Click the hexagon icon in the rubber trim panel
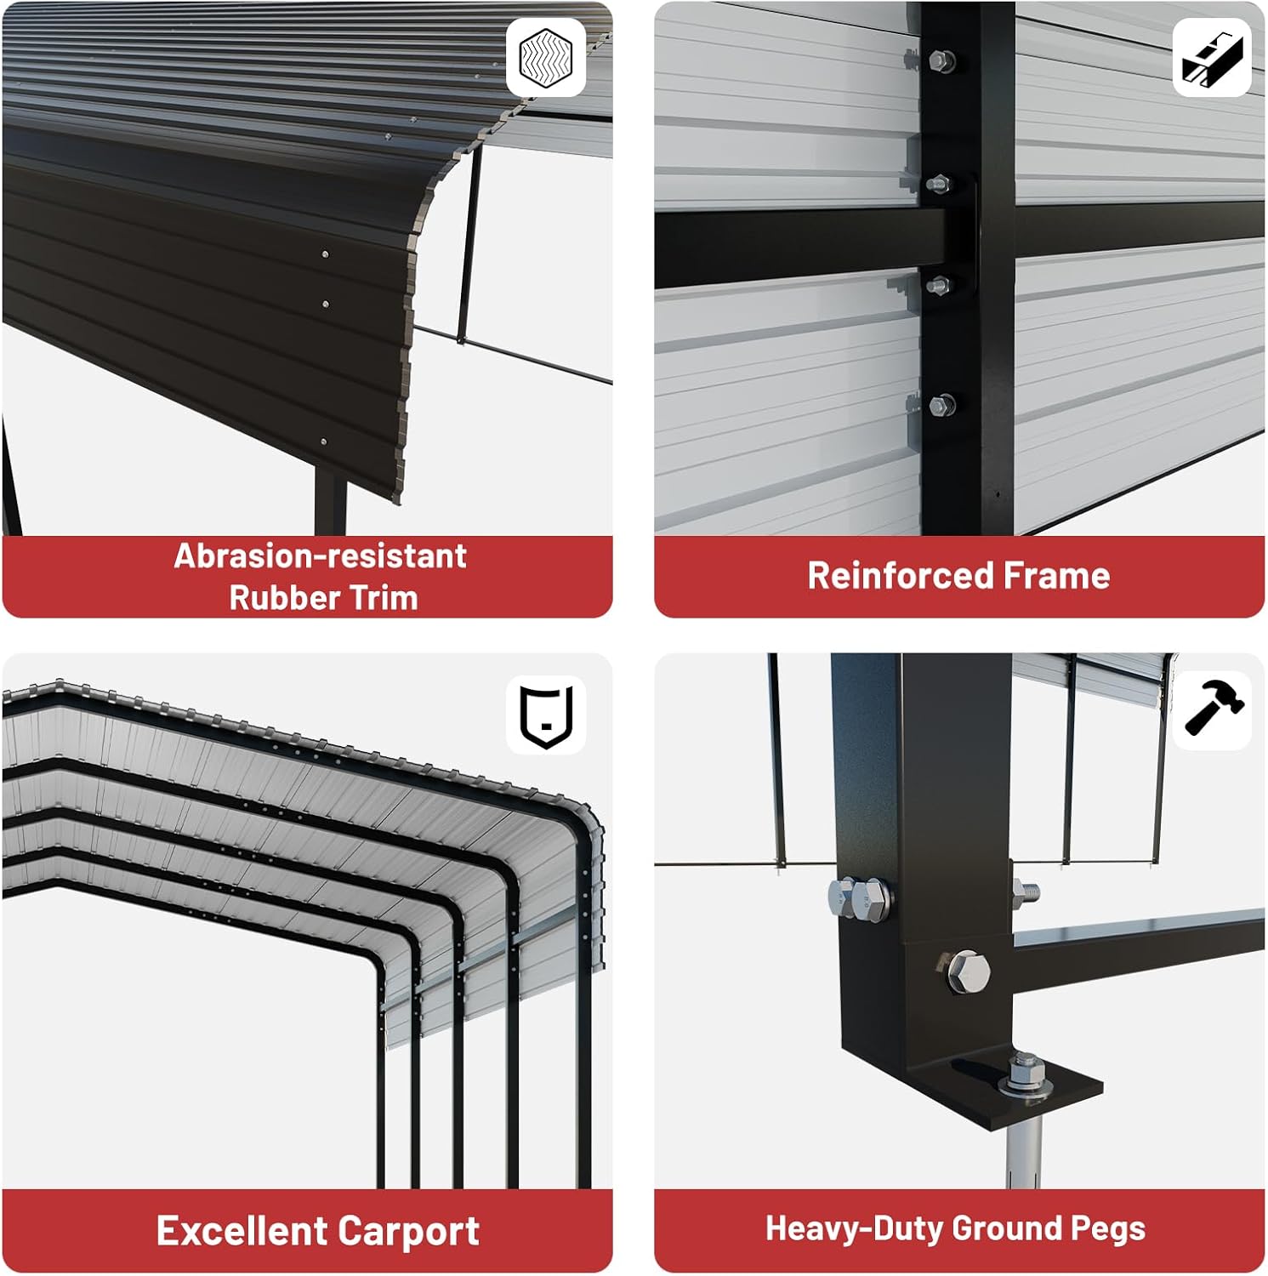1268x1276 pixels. pyautogui.click(x=546, y=57)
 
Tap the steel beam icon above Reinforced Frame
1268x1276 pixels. pyautogui.click(x=1212, y=58)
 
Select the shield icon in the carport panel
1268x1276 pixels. pyautogui.click(x=546, y=715)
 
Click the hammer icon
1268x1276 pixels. pyautogui.click(x=1214, y=705)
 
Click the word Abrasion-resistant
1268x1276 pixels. pyautogui.click(x=321, y=556)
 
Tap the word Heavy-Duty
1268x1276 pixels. pyautogui.click(x=854, y=1229)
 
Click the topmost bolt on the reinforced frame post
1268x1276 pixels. pyautogui.click(x=941, y=61)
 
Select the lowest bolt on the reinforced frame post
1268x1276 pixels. pyautogui.click(x=941, y=406)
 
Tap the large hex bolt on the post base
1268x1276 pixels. pyautogui.click(x=967, y=971)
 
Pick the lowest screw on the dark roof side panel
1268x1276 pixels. pyautogui.click(x=323, y=442)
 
